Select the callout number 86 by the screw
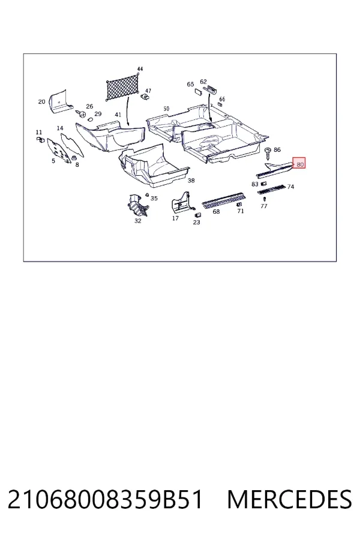277,150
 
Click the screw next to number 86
268,154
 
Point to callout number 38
191,181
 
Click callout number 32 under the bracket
138,221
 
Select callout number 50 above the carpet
166,109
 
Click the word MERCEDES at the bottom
290,500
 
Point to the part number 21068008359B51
105,500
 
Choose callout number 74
291,187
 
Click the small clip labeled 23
198,215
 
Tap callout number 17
175,218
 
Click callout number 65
191,85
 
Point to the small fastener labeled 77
264,199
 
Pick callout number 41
118,115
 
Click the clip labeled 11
40,139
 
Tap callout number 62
203,82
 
